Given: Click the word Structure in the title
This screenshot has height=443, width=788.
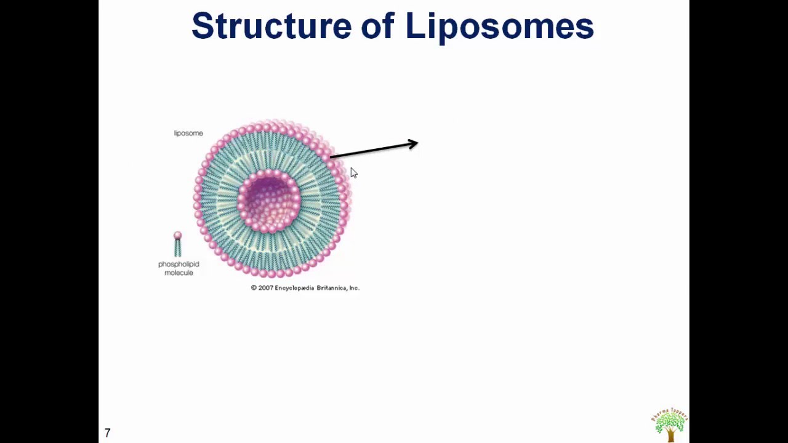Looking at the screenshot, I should coord(271,26).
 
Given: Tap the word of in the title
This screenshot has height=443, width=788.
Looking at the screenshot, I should coord(377,26).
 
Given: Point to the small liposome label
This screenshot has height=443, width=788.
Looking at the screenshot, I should coord(188,133).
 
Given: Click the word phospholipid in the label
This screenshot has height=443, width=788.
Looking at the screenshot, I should coord(179,264).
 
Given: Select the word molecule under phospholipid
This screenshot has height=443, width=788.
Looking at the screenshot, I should coord(179,273).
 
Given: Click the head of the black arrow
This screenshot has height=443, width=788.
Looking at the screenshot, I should coord(414,145).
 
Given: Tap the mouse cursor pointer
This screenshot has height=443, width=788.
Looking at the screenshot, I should coord(353,173).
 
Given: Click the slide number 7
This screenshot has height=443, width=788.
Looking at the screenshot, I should coord(108,433).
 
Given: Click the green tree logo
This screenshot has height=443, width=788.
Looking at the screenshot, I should coord(669,421).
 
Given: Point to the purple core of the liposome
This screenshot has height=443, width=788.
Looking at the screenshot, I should coord(269,200).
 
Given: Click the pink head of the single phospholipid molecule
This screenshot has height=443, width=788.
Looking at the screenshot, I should coord(177,236).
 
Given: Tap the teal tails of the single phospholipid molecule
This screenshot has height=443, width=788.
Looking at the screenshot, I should coord(177,248).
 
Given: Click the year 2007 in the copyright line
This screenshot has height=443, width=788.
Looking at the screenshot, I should coord(265,288).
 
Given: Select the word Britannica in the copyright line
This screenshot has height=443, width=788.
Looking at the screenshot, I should coord(332,288).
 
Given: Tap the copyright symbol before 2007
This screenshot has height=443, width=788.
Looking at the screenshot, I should coord(254,288).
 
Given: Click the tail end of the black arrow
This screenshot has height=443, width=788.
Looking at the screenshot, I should coord(332,158).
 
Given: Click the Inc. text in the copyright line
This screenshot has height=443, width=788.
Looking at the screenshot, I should coord(354,288).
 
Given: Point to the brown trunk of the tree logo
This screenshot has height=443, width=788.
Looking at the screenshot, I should coord(670,436).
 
